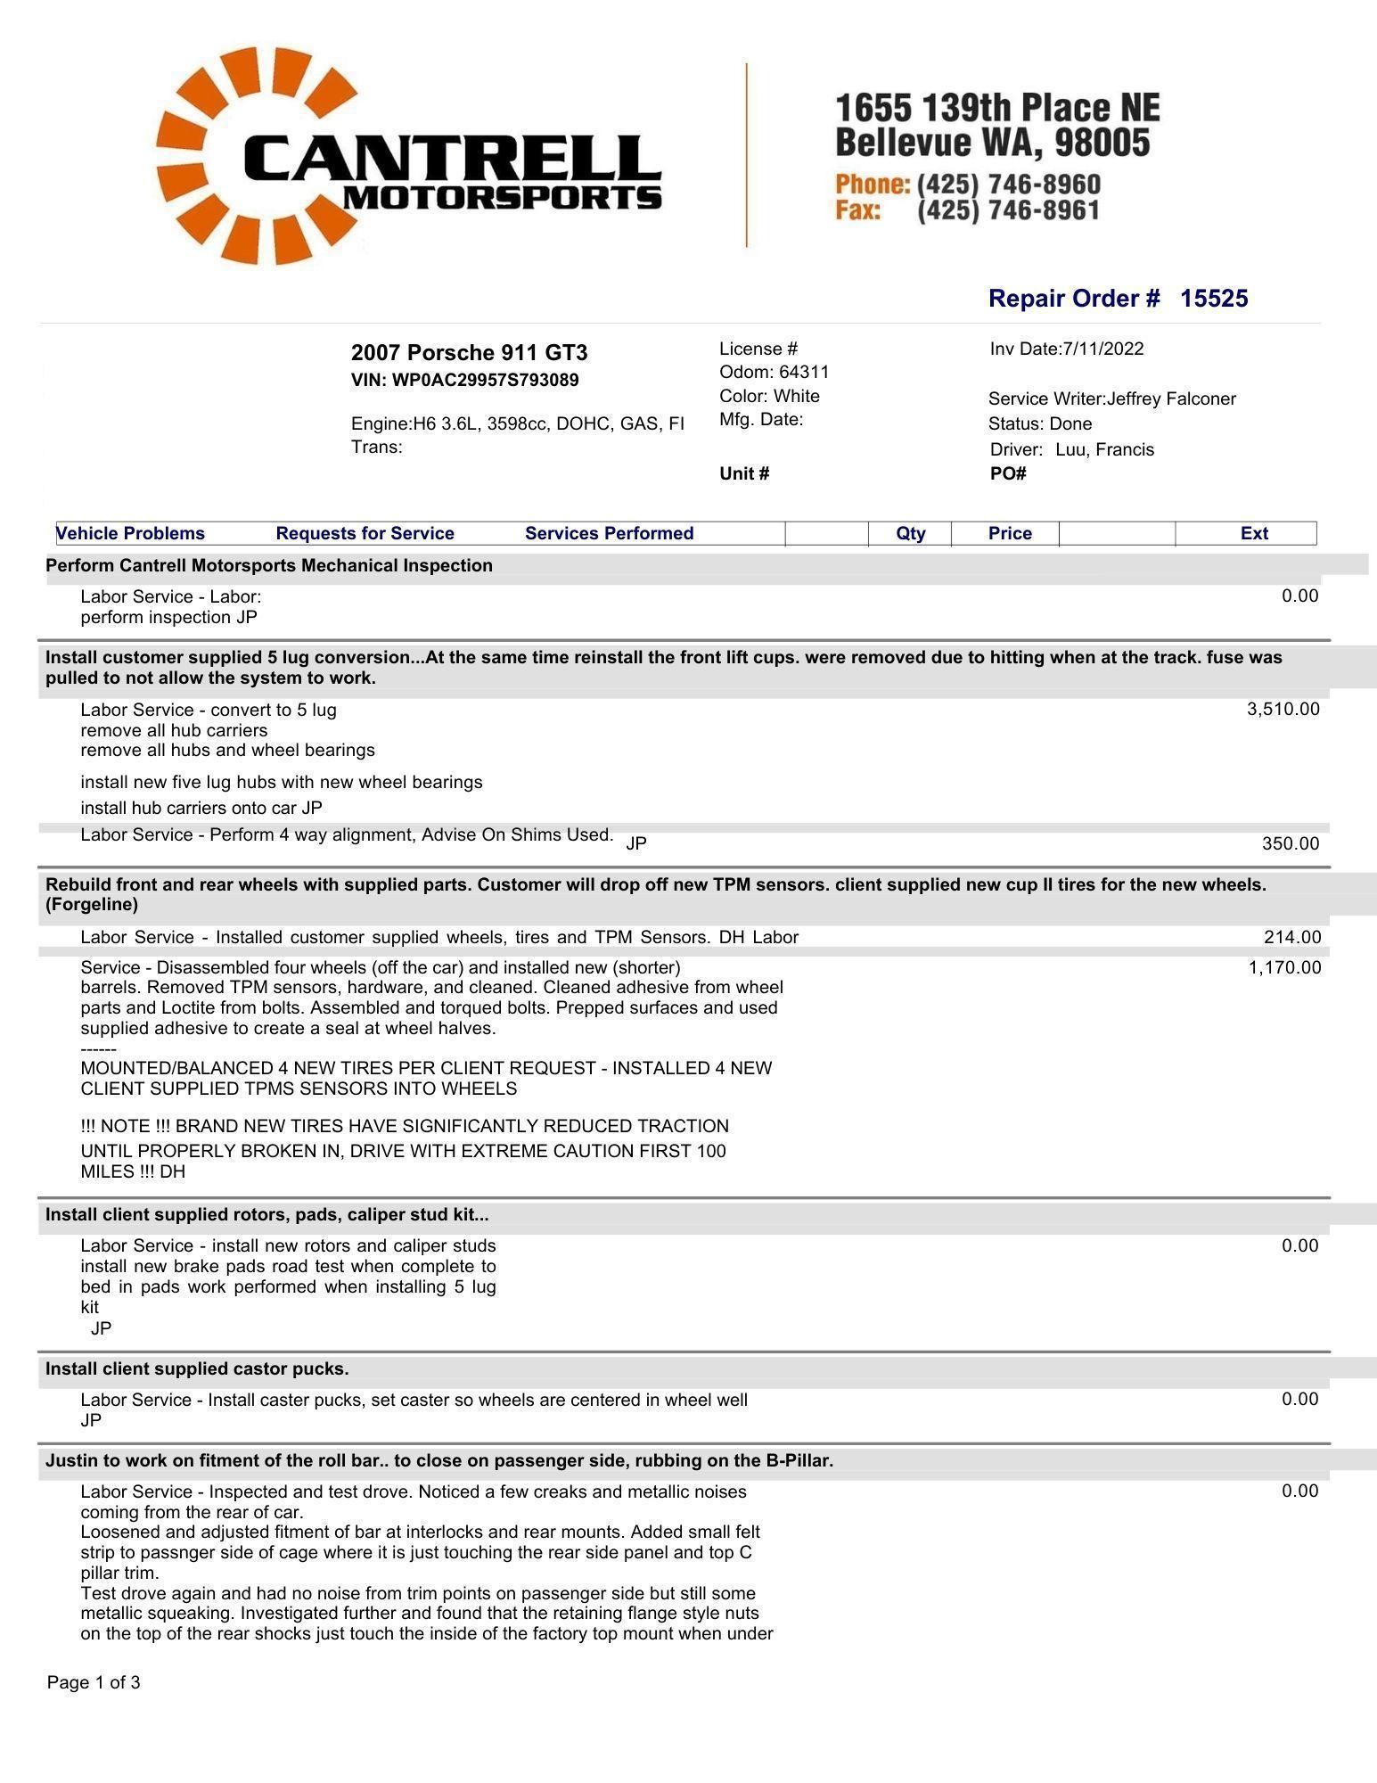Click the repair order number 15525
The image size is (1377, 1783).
point(1214,299)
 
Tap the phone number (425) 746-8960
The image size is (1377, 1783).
point(1008,185)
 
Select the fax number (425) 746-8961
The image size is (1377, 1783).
point(1008,210)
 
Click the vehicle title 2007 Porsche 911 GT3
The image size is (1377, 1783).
point(469,352)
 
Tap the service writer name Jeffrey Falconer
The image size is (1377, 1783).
point(1171,399)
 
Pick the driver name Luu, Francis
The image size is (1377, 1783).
point(1104,449)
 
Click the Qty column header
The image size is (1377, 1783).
point(910,533)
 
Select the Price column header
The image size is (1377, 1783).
point(1010,533)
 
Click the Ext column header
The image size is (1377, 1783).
point(1253,533)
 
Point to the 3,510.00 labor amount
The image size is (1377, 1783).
point(1283,709)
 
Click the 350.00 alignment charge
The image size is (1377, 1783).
point(1290,843)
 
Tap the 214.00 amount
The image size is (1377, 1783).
point(1291,937)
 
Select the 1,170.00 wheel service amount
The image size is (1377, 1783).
point(1284,967)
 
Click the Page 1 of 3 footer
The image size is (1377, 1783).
point(94,1682)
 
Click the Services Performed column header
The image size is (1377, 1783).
point(609,533)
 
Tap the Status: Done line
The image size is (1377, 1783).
point(1040,423)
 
